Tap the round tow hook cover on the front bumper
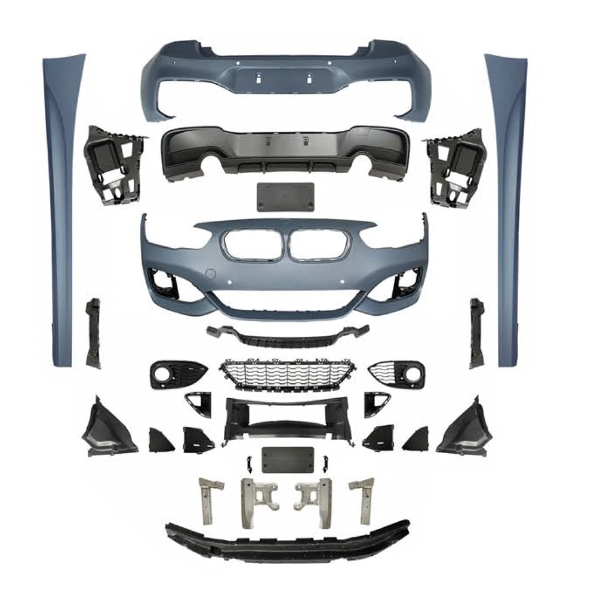coord(210,275)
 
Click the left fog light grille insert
coord(177,374)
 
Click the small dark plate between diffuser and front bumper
coord(285,196)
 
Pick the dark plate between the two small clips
coord(287,460)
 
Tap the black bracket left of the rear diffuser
coord(115,163)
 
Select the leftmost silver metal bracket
coord(209,498)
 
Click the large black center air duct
coord(287,418)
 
